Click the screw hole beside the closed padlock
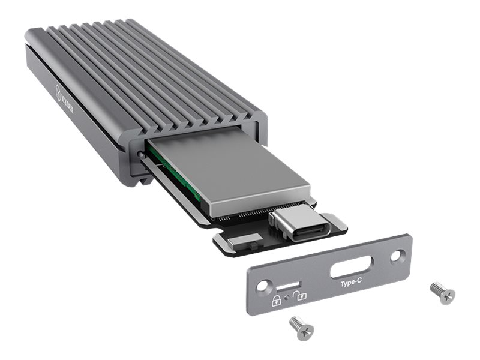(x=262, y=287)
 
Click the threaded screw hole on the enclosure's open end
(x=140, y=155)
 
